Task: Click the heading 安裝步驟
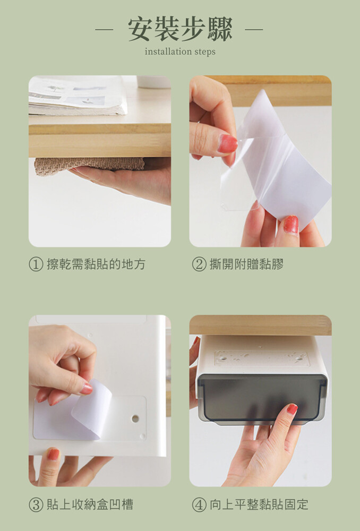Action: pyautogui.click(x=180, y=29)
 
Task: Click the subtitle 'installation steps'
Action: pyautogui.click(x=180, y=52)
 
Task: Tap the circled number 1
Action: pyautogui.click(x=36, y=264)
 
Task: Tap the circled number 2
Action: pyautogui.click(x=199, y=264)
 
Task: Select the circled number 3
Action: pyautogui.click(x=36, y=504)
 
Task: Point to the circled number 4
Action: pyautogui.click(x=199, y=504)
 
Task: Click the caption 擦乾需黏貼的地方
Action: pyautogui.click(x=96, y=264)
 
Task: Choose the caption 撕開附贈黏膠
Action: pyautogui.click(x=246, y=264)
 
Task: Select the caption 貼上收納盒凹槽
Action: pyautogui.click(x=90, y=504)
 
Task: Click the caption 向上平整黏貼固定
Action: pyautogui.click(x=259, y=504)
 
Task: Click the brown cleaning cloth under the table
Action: pyautogui.click(x=89, y=165)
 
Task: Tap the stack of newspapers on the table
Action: pyautogui.click(x=78, y=96)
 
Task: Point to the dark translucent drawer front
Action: pyautogui.click(x=262, y=399)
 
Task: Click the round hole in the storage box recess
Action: pyautogui.click(x=135, y=418)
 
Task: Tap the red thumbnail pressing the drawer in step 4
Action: pyautogui.click(x=292, y=409)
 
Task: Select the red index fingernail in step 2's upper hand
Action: pyautogui.click(x=227, y=143)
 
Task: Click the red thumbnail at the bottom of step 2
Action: pyautogui.click(x=292, y=225)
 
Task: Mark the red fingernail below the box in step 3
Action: pyautogui.click(x=53, y=454)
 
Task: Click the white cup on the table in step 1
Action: pyautogui.click(x=154, y=82)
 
